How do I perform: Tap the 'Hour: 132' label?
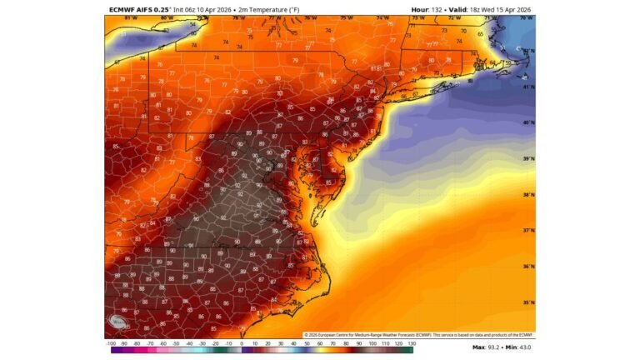pos(427,9)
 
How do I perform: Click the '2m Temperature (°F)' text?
pos(259,9)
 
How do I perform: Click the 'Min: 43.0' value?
pos(520,347)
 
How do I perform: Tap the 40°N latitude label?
pos(527,122)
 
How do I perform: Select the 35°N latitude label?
pos(527,303)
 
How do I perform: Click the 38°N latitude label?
pos(527,196)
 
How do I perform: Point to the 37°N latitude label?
pos(527,231)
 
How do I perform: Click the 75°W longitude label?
pos(346,17)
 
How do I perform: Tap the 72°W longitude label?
pos(454,17)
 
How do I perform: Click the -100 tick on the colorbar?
pos(111,342)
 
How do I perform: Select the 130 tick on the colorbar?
pos(411,342)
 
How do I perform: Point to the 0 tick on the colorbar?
pos(242,342)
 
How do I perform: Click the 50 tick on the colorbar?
pos(307,342)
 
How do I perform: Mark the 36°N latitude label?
pos(527,267)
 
